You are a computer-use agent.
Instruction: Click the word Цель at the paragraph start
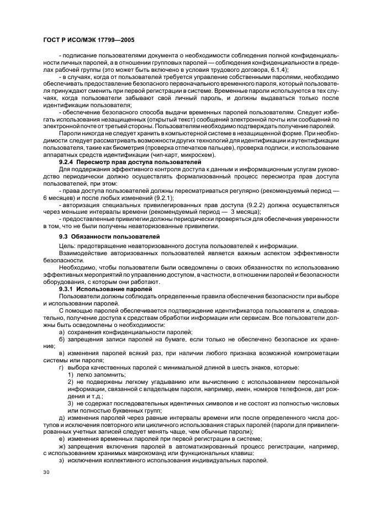pos(66,246)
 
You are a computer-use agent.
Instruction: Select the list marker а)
pos(62,331)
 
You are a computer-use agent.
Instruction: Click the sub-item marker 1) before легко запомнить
pos(71,374)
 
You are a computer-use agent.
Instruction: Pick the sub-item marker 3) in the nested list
pos(71,403)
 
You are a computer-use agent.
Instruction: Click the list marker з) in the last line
pos(62,461)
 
